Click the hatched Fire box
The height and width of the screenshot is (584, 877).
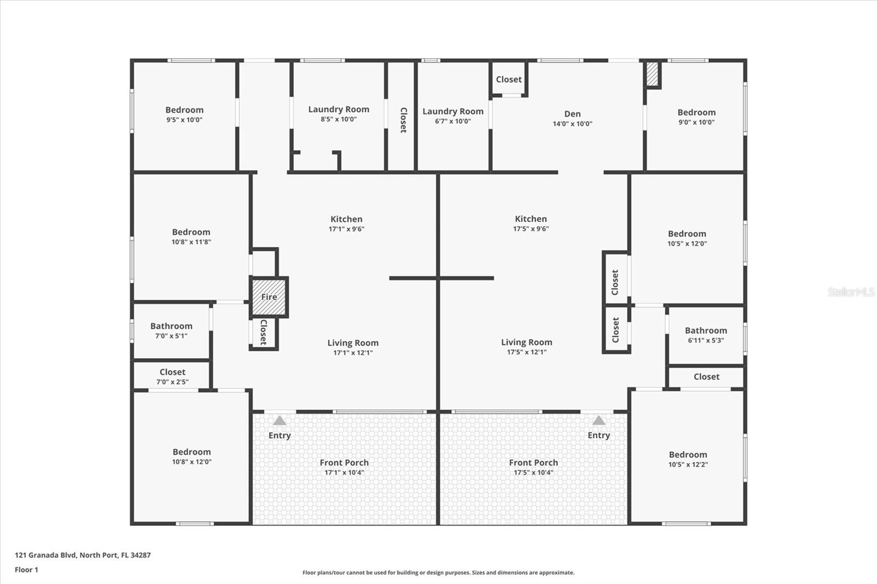269,297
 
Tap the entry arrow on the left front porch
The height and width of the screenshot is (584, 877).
280,421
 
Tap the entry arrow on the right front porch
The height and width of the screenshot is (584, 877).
599,421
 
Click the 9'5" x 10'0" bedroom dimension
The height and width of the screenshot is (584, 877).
184,120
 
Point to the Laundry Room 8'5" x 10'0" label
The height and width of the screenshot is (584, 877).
339,114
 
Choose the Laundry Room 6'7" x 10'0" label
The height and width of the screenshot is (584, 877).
453,116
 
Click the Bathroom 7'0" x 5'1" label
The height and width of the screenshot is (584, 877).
172,331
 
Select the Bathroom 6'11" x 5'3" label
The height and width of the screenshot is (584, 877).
706,335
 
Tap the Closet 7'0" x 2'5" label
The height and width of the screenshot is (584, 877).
172,376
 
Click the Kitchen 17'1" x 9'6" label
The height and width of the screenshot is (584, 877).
346,224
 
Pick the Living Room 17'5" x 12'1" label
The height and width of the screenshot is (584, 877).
527,347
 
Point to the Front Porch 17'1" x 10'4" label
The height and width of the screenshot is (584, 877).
344,467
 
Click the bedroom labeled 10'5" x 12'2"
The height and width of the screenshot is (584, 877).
688,459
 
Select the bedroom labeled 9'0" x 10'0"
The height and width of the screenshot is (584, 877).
697,117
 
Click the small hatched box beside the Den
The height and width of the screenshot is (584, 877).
652,74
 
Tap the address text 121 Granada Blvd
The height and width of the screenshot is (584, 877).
45,555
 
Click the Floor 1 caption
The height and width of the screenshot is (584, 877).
26,570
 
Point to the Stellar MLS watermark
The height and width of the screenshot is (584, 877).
851,291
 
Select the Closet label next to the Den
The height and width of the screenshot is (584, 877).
509,79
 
